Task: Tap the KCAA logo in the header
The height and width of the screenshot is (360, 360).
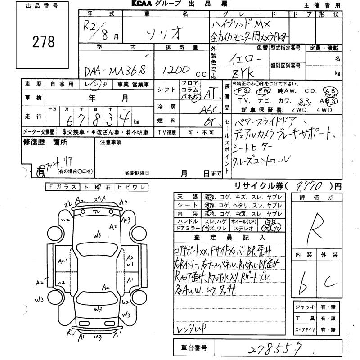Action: tap(145, 4)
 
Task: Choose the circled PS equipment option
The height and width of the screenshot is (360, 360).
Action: tap(244, 91)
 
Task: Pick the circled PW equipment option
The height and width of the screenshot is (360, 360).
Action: tap(263, 91)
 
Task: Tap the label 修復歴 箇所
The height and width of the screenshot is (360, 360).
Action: tap(45, 142)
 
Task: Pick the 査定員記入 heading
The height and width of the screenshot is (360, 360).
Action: tap(229, 237)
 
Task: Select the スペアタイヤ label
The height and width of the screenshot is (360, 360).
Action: tap(305, 329)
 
